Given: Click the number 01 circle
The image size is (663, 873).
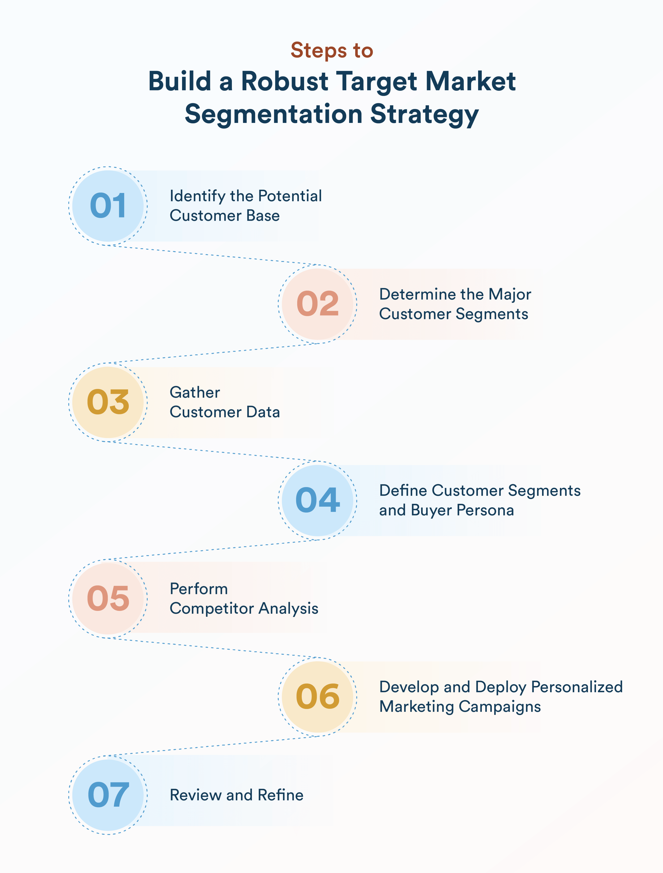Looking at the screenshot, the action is pyautogui.click(x=108, y=206).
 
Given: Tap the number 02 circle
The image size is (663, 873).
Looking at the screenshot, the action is pyautogui.click(x=318, y=304).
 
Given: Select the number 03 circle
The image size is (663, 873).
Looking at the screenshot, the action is pyautogui.click(x=108, y=402).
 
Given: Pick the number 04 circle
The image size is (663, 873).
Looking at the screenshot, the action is pyautogui.click(x=318, y=500).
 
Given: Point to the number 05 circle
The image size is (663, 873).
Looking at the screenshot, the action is pyautogui.click(x=108, y=598).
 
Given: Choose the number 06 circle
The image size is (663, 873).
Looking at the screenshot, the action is pyautogui.click(x=318, y=697).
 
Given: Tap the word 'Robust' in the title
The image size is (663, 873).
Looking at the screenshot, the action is pyautogui.click(x=284, y=82).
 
